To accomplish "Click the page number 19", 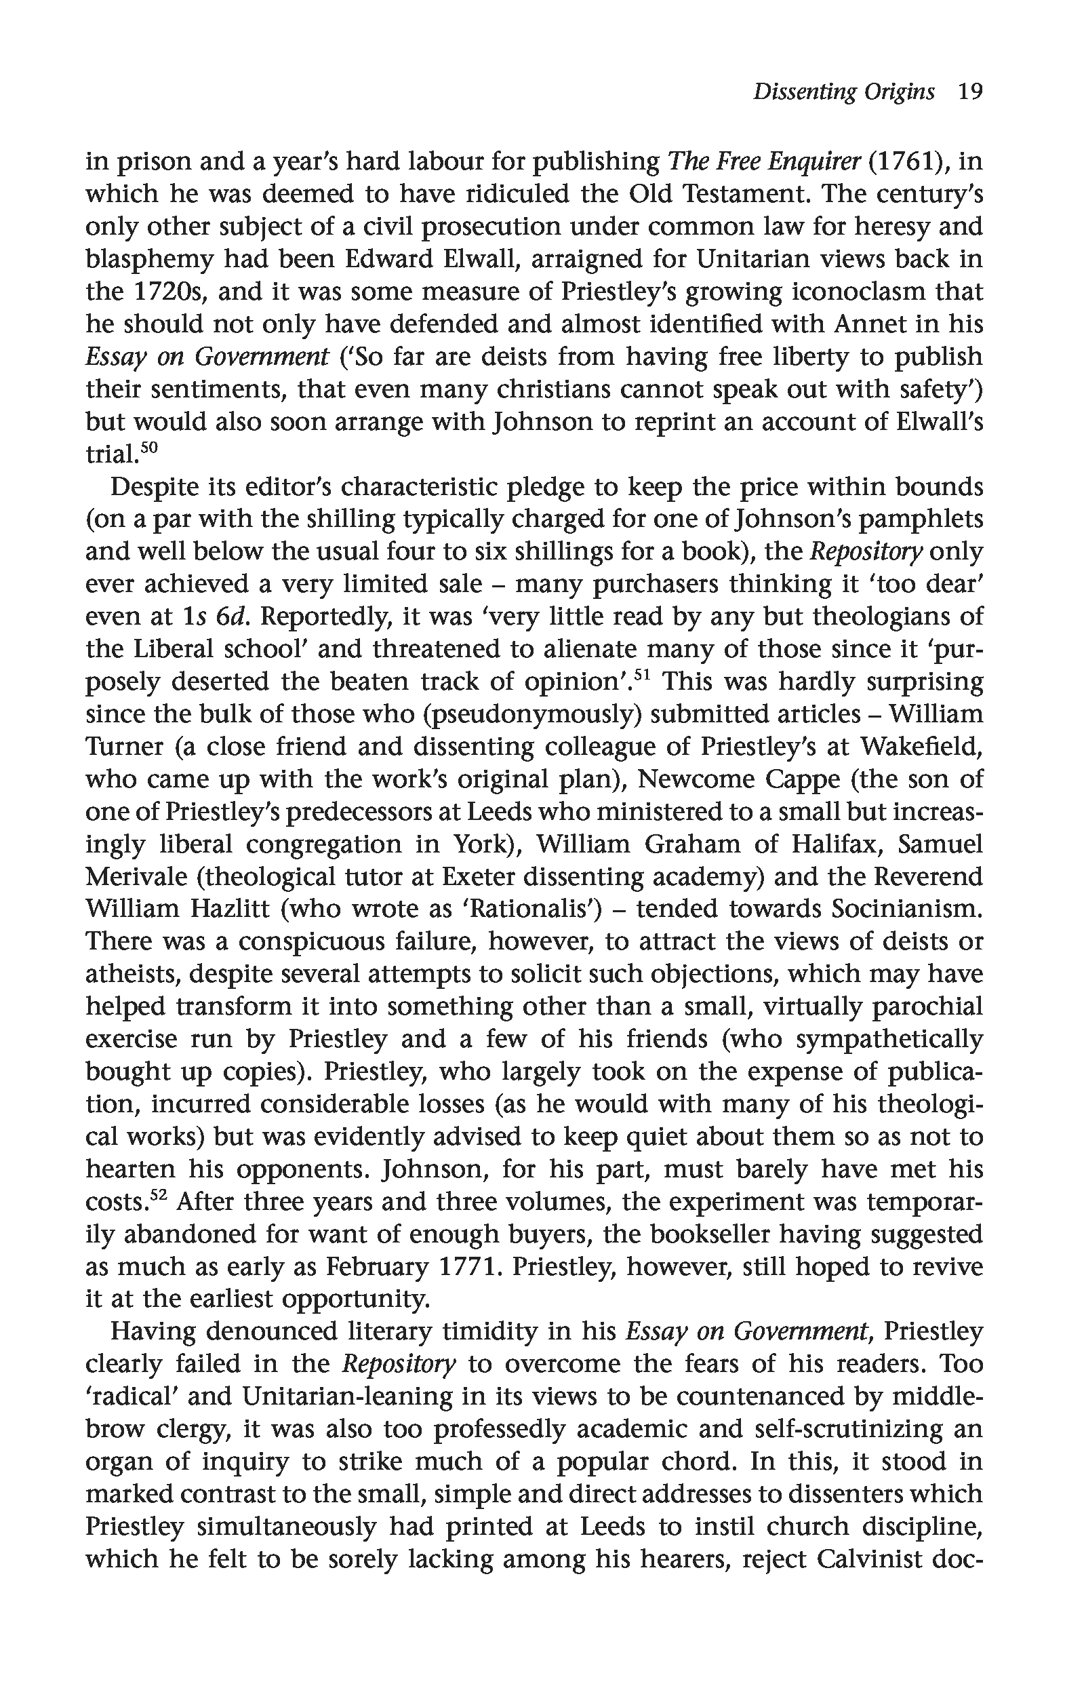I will tap(969, 92).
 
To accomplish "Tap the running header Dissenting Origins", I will tap(843, 92).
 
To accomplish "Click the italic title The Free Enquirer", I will tap(763, 161).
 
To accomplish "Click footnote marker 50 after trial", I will tap(150, 448).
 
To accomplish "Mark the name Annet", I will tap(885, 324).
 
